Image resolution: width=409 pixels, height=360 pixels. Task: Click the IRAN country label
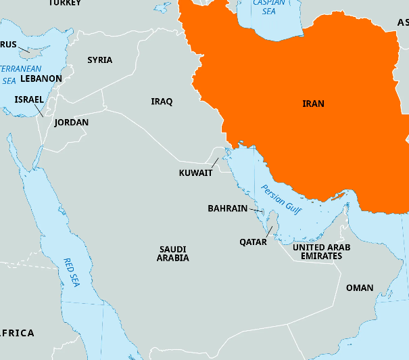[x=313, y=104]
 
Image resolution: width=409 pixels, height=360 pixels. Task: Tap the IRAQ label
[x=162, y=102]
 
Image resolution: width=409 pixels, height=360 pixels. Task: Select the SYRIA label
[x=99, y=60]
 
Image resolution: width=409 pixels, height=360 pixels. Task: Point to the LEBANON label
[x=41, y=78]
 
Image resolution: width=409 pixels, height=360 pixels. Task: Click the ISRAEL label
[x=29, y=99]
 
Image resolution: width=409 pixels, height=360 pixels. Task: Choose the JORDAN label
[x=71, y=122]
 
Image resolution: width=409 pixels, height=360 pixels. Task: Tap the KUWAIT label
[x=195, y=173]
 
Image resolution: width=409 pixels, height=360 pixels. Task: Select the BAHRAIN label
[x=227, y=208]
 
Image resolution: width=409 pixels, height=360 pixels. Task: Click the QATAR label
[x=253, y=242]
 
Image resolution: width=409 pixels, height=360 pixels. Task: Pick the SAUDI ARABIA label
[x=173, y=254]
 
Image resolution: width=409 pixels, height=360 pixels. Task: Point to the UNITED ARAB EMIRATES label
[x=321, y=252]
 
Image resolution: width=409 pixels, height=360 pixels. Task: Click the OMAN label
[x=359, y=288]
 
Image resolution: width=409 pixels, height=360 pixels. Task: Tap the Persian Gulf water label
[x=281, y=201]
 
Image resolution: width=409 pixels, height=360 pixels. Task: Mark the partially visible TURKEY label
[x=65, y=3]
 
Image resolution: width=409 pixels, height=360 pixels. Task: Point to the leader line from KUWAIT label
[x=214, y=163]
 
